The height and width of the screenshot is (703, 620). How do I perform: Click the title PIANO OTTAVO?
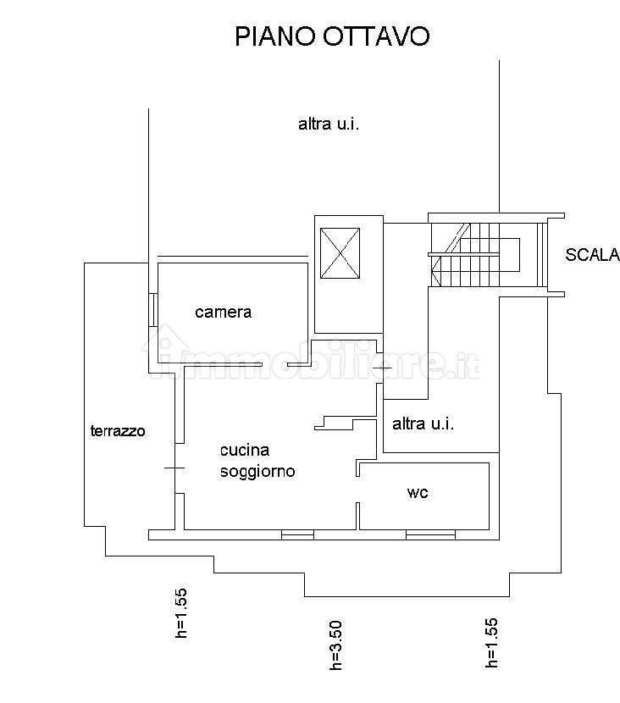tap(332, 36)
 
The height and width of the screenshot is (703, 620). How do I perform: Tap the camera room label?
tap(224, 312)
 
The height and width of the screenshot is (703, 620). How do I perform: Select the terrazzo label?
tap(118, 431)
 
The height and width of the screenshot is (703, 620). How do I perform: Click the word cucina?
tap(245, 450)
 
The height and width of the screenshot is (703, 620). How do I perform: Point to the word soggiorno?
tap(257, 472)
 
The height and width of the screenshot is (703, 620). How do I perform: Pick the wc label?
tap(418, 493)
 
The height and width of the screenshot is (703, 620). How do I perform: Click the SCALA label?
tap(592, 255)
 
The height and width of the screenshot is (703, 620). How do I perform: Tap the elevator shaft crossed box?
tap(340, 253)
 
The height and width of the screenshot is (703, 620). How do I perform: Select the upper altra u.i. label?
tap(329, 124)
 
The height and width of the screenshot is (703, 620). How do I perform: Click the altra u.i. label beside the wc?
tap(423, 423)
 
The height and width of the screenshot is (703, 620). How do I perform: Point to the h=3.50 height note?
tap(335, 645)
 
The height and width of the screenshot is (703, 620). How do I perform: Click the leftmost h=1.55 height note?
tap(180, 613)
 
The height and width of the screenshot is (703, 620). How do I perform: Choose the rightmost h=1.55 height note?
tap(491, 643)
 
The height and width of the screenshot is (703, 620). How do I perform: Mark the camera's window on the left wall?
tap(152, 310)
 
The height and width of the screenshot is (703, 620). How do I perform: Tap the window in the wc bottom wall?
tap(430, 534)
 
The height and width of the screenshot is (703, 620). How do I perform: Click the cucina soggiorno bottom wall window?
tap(297, 534)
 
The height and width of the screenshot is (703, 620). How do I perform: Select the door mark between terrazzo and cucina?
tap(174, 468)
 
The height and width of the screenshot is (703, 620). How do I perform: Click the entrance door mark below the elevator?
tap(382, 368)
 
